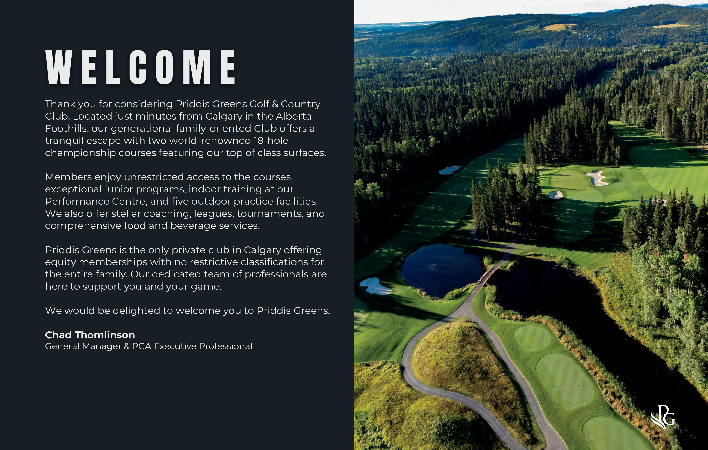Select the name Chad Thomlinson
point(90,335)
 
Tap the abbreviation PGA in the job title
point(141,346)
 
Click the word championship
point(80,153)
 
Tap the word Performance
point(77,201)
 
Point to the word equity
point(60,262)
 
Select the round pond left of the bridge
point(441,269)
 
